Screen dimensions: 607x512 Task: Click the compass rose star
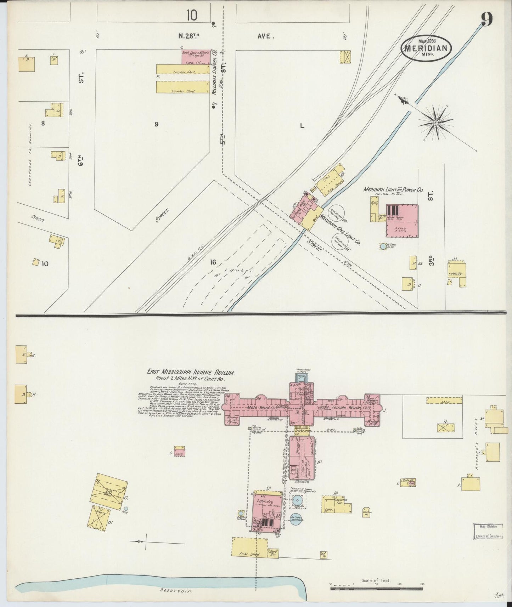click(x=435, y=123)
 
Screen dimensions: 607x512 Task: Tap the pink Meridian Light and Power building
click(x=401, y=220)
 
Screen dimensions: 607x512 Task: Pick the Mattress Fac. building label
click(x=342, y=502)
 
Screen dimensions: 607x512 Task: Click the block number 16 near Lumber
click(x=213, y=262)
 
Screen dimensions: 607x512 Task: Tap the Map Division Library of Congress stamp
click(x=489, y=532)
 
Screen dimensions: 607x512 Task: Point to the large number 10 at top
click(x=192, y=15)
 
